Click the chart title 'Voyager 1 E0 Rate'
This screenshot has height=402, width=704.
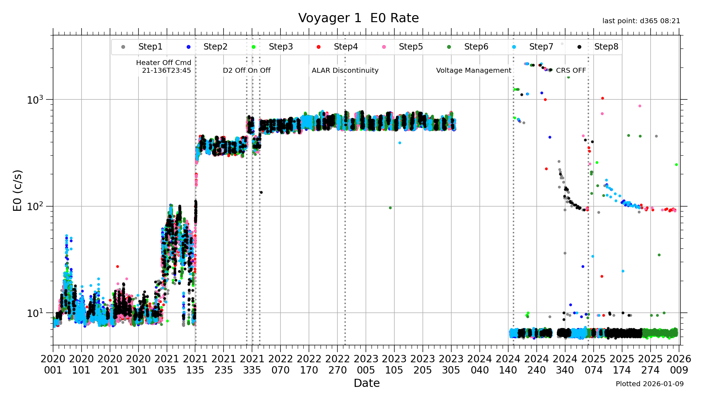(x=358, y=18)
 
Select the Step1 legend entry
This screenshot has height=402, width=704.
(x=150, y=47)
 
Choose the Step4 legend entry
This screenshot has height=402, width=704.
(x=345, y=47)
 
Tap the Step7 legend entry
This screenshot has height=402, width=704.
(x=541, y=47)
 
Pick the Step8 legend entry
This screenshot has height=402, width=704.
(x=606, y=47)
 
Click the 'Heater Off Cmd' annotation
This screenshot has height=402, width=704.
(x=164, y=63)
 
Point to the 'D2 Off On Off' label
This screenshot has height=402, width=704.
(x=246, y=70)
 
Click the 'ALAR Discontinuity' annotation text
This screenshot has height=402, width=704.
(x=345, y=70)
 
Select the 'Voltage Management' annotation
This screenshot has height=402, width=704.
(x=473, y=70)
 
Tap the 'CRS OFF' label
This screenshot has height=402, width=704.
(x=571, y=70)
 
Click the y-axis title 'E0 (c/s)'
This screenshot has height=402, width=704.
(x=18, y=190)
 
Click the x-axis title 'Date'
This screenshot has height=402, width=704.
(x=367, y=383)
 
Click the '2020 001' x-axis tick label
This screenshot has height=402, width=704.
(x=53, y=364)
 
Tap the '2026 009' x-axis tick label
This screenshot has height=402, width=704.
(x=679, y=364)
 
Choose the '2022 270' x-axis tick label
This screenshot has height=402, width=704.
(x=337, y=364)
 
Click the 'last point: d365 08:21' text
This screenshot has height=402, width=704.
(x=641, y=21)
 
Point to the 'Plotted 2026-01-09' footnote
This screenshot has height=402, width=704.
(x=650, y=384)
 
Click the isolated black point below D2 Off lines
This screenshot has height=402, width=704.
(x=261, y=192)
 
